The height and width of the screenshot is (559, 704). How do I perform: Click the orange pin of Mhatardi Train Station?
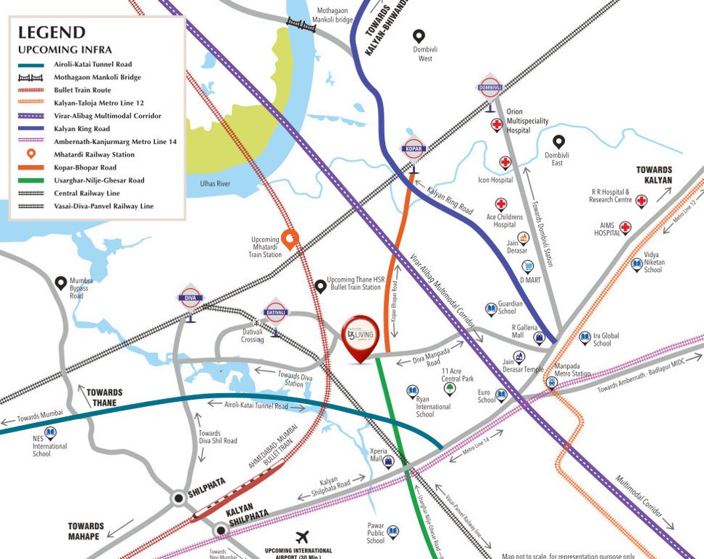tap(290, 238)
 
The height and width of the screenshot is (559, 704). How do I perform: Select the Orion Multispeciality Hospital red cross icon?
tap(497, 124)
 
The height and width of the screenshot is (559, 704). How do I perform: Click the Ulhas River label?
tap(215, 184)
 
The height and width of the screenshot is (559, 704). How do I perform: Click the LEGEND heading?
tap(52, 33)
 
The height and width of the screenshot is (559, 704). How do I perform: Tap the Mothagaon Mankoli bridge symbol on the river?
tap(300, 23)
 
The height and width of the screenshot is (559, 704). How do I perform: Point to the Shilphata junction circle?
tap(178, 499)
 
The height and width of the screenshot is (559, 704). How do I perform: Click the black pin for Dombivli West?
tap(419, 36)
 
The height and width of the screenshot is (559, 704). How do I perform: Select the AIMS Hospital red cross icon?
tap(625, 229)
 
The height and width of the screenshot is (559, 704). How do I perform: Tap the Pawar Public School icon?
tap(394, 531)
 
